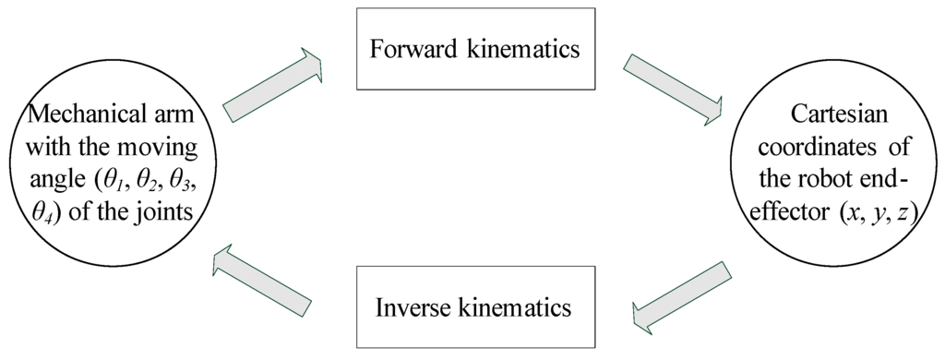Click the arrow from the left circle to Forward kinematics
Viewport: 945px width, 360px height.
tap(272, 89)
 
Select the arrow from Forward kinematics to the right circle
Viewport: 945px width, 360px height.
tap(672, 89)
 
